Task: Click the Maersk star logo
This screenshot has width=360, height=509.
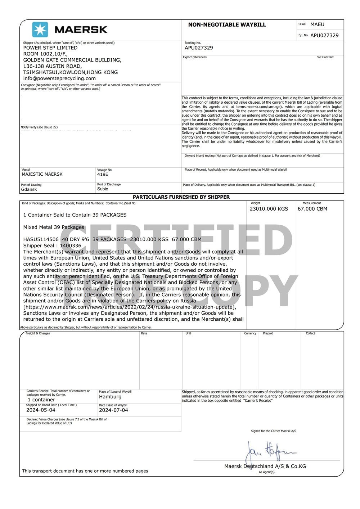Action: (40, 30)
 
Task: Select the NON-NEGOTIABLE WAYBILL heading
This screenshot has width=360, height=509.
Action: (227, 25)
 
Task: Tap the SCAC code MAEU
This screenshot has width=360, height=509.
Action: (317, 24)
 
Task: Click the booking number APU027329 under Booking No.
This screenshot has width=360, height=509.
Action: (199, 48)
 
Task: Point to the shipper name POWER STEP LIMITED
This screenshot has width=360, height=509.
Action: (50, 48)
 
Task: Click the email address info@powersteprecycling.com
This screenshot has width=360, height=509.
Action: (59, 78)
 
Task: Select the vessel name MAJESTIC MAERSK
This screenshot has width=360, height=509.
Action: (42, 174)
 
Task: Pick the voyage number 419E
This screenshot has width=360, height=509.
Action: (103, 174)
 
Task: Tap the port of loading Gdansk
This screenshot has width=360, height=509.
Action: (29, 189)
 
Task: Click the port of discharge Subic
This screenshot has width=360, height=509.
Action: (103, 189)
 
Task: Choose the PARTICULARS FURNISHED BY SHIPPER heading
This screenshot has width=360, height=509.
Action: (181, 197)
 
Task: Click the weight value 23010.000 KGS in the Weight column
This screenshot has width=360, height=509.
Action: (269, 209)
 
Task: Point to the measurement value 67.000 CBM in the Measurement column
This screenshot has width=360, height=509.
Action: (312, 209)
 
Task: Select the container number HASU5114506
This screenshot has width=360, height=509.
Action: (41, 239)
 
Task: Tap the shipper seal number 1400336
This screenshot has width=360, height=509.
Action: (71, 246)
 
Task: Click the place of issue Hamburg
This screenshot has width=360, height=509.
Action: (110, 397)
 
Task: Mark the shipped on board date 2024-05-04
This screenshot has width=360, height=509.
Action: (41, 410)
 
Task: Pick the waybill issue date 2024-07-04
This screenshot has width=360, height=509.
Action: (113, 410)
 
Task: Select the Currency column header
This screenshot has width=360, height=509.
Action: (250, 333)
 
